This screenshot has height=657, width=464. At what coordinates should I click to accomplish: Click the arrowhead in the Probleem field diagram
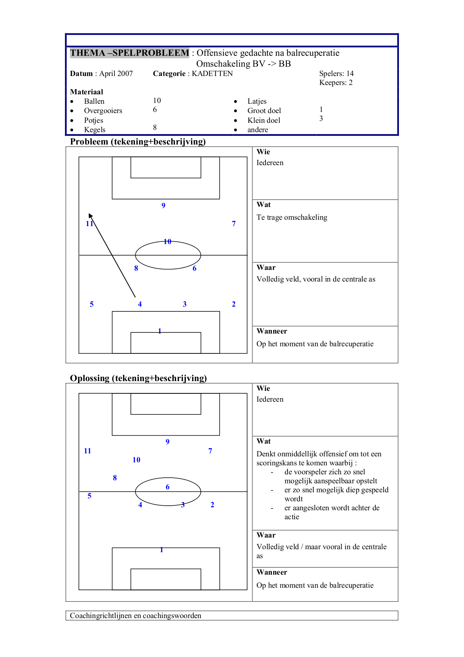pyautogui.click(x=90, y=216)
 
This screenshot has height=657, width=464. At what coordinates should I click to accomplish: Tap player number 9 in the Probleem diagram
pyautogui.click(x=163, y=206)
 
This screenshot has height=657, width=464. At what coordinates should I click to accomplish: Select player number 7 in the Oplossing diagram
pyautogui.click(x=210, y=451)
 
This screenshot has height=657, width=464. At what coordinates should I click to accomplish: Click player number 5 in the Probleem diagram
pyautogui.click(x=92, y=304)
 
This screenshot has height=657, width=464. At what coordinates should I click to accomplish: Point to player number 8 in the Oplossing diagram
pyautogui.click(x=115, y=478)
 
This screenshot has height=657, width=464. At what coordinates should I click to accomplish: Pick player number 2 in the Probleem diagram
pyautogui.click(x=234, y=304)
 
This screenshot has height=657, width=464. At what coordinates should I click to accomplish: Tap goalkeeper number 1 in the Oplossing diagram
pyautogui.click(x=162, y=550)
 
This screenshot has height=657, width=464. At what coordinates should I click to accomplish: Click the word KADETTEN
pyautogui.click(x=212, y=74)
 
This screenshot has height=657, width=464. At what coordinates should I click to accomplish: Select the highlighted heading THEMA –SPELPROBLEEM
pyautogui.click(x=130, y=53)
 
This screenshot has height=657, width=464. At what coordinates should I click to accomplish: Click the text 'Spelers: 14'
pyautogui.click(x=337, y=74)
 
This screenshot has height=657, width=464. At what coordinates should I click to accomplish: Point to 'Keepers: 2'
pyautogui.click(x=336, y=83)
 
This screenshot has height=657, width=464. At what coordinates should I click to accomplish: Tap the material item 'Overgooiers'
pyautogui.click(x=103, y=111)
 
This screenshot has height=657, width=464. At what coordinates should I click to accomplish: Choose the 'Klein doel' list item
pyautogui.click(x=264, y=121)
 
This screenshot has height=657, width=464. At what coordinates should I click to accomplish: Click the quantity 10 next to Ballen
pyautogui.click(x=157, y=101)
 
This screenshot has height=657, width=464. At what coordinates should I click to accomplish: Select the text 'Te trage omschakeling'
pyautogui.click(x=292, y=218)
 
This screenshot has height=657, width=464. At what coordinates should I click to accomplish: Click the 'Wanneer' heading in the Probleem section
pyautogui.click(x=272, y=331)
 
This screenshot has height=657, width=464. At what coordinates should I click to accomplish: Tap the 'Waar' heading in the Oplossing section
pyautogui.click(x=266, y=535)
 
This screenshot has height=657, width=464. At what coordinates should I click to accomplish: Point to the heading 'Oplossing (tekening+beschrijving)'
pyautogui.click(x=138, y=378)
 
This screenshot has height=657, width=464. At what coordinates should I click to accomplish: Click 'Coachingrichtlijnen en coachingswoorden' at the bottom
pyautogui.click(x=136, y=616)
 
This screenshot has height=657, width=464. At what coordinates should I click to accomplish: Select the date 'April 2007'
pyautogui.click(x=116, y=74)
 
